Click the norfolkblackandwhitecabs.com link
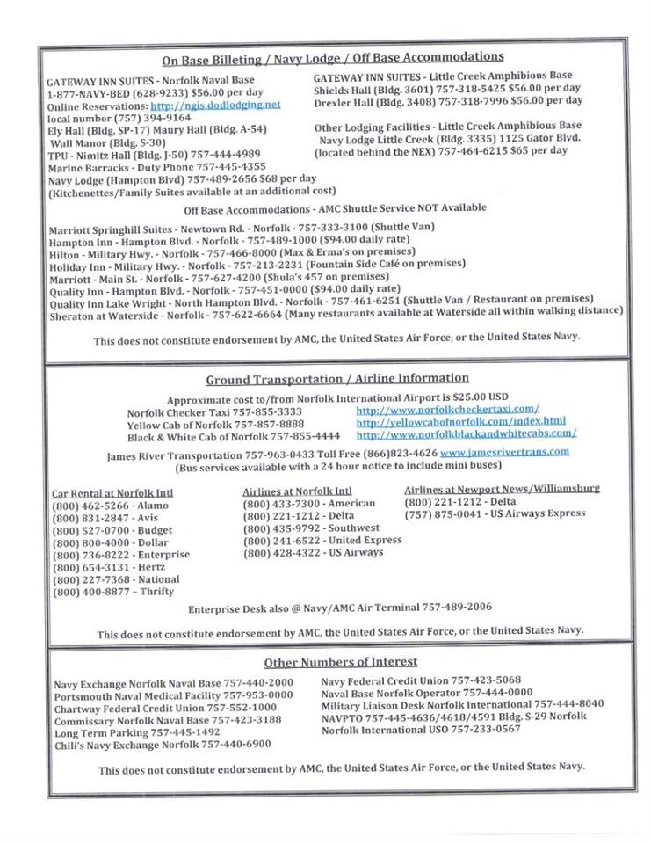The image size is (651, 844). pyautogui.click(x=466, y=433)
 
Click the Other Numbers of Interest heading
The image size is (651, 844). pyautogui.click(x=341, y=661)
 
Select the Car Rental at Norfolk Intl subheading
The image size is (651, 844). pyautogui.click(x=112, y=492)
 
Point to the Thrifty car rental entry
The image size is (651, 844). pyautogui.click(x=112, y=592)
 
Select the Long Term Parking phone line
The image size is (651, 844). pyautogui.click(x=136, y=731)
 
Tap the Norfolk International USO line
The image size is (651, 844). pyautogui.click(x=421, y=729)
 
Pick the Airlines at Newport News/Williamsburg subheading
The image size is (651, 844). pyautogui.click(x=502, y=488)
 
